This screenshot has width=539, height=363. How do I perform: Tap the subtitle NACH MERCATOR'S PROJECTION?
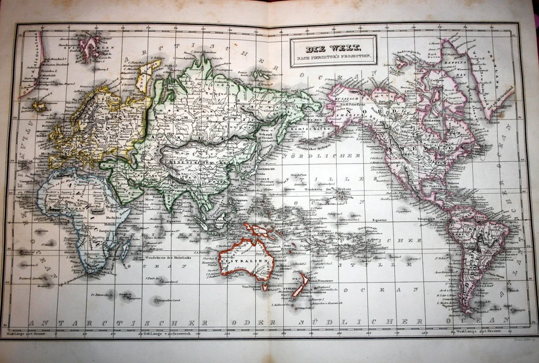point(333,56)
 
